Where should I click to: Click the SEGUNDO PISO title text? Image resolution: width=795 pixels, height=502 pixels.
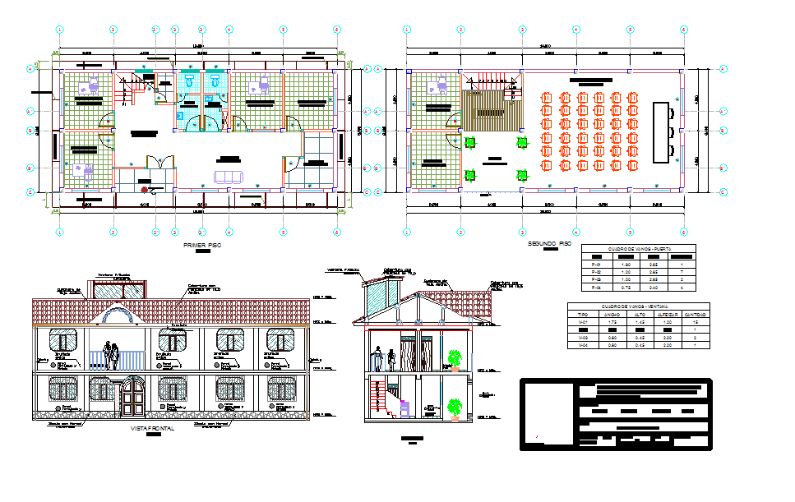point(548,244)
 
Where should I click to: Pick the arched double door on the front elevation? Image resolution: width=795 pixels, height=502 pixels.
point(132,397)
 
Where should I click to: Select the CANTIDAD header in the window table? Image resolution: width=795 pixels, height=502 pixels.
point(695,314)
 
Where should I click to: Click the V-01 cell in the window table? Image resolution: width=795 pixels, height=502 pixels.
point(583,322)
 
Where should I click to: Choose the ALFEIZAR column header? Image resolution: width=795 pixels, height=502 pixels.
point(667,314)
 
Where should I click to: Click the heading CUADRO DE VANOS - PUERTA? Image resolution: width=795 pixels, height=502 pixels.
point(638,248)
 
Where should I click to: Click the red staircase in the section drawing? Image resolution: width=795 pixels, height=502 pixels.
point(378,400)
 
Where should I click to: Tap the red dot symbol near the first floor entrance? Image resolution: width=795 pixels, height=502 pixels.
point(145,191)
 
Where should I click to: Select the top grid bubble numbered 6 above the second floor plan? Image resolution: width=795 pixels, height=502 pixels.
point(683,30)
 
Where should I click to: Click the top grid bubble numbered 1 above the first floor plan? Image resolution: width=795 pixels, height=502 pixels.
point(60,30)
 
